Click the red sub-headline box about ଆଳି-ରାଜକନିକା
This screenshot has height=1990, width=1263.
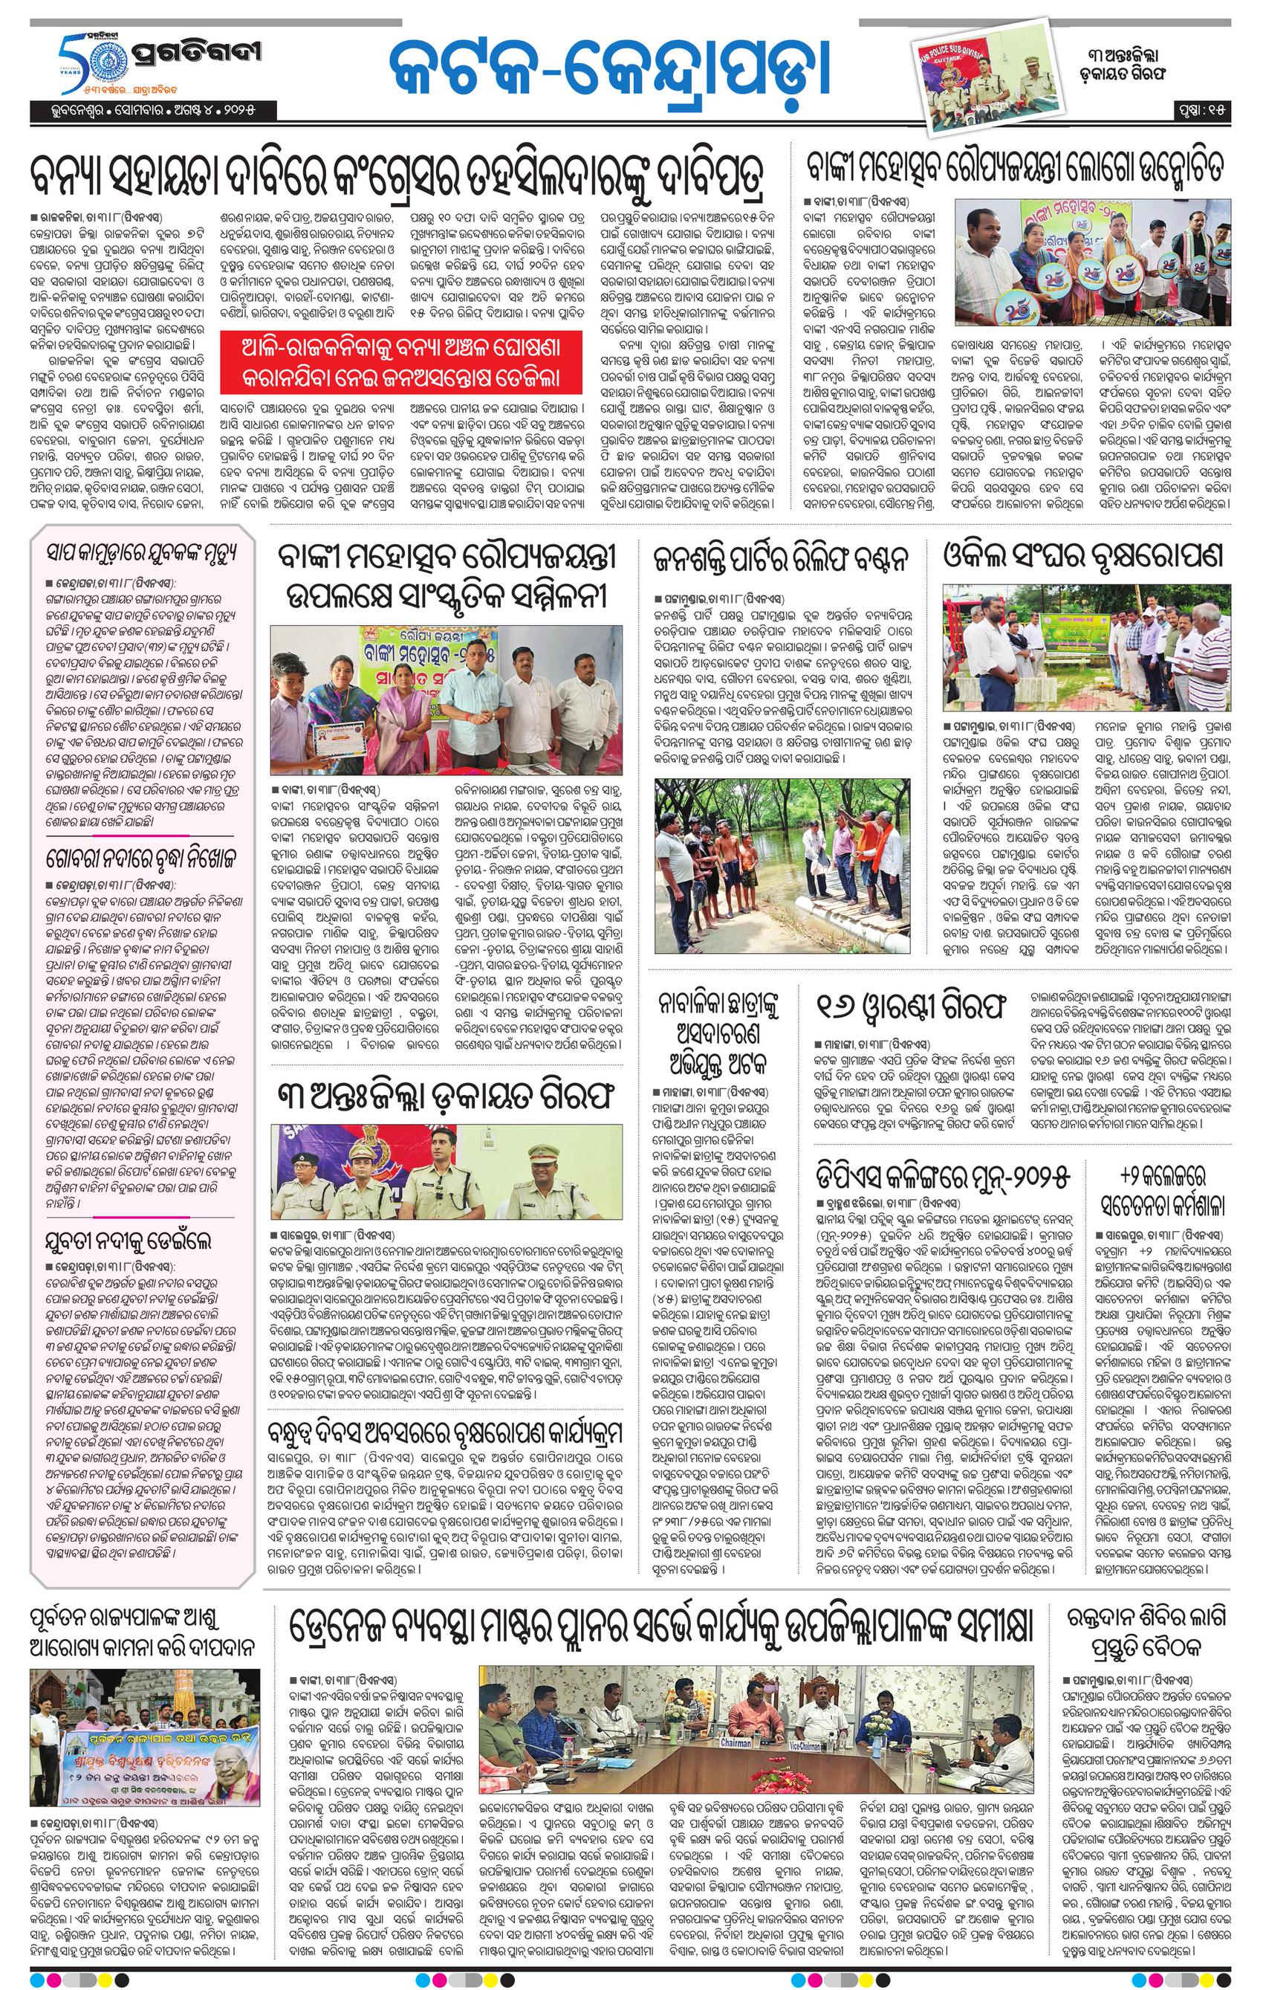(401, 362)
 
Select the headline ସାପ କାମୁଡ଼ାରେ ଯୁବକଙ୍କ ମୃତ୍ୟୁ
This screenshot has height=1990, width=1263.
(141, 552)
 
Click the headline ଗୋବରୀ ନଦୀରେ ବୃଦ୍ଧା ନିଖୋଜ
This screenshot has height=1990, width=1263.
(141, 859)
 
